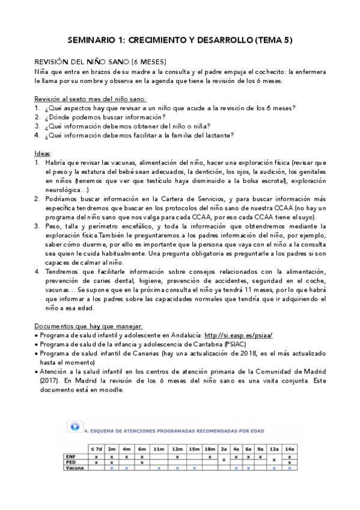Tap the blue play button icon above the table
75,426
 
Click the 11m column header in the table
159,450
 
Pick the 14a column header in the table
289,450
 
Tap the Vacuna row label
74,468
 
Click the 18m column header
209,450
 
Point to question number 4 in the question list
37,135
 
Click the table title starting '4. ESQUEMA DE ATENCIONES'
174,431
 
